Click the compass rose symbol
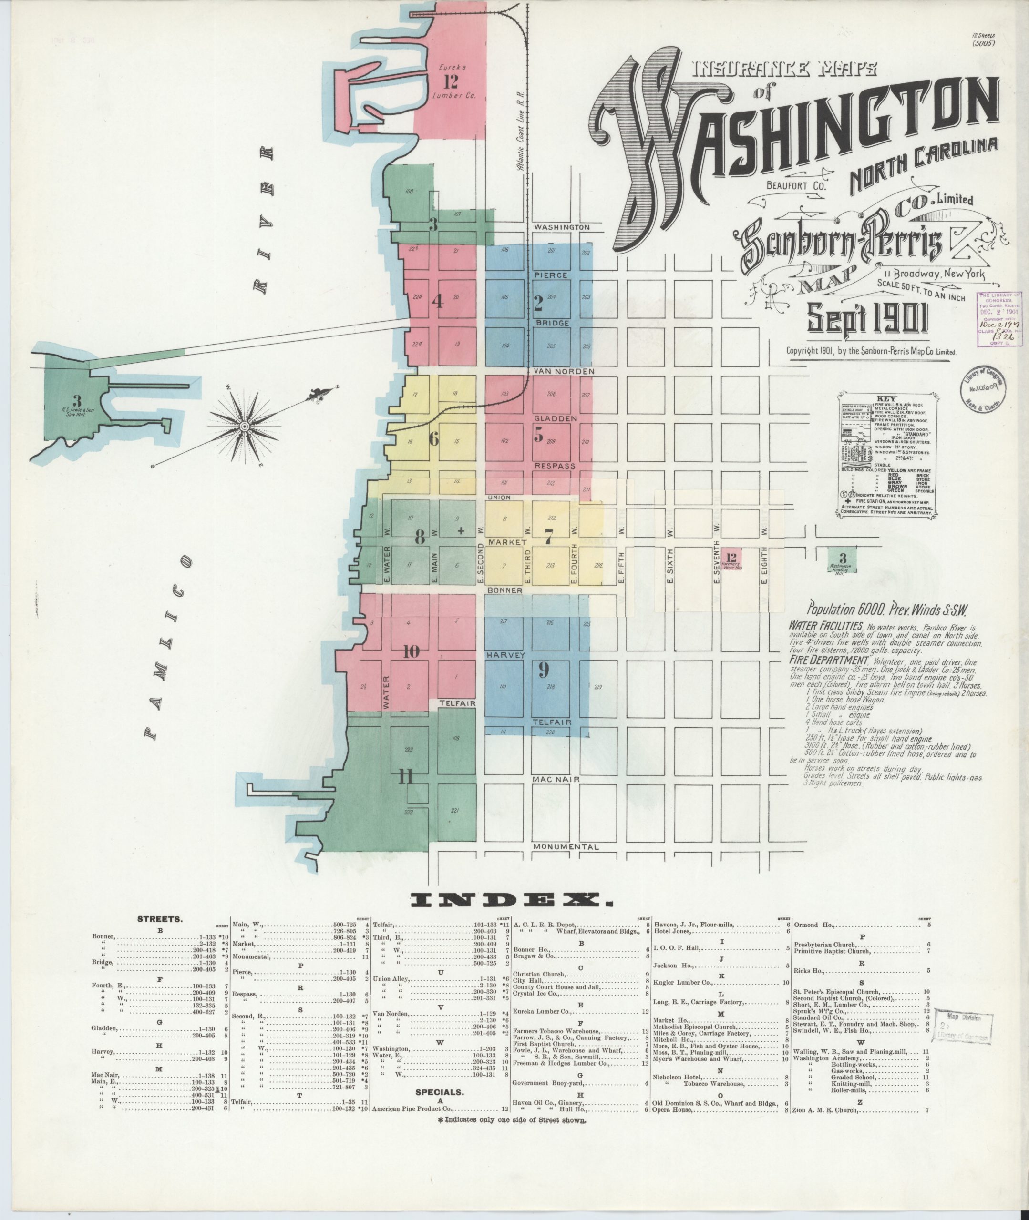pyautogui.click(x=247, y=427)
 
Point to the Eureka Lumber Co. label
pyautogui.click(x=452, y=81)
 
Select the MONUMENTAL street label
pyautogui.click(x=566, y=847)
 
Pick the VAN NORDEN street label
pyautogui.click(x=564, y=371)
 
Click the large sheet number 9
pyautogui.click(x=543, y=671)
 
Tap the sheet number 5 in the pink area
pyautogui.click(x=538, y=434)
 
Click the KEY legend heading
pyautogui.click(x=877, y=399)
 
